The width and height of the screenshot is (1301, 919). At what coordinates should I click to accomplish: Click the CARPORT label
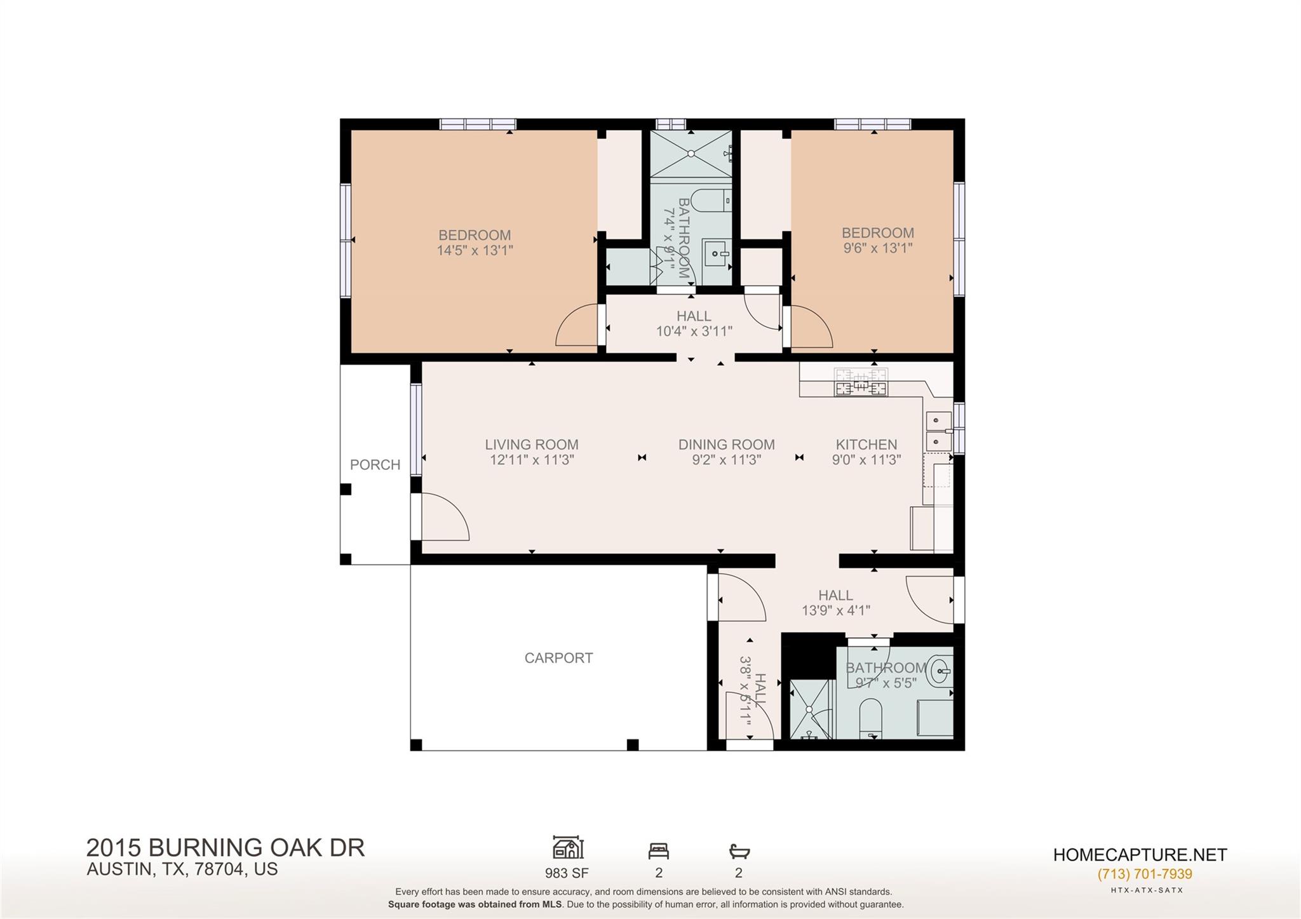558,658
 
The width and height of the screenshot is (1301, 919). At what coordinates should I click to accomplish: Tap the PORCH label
375,465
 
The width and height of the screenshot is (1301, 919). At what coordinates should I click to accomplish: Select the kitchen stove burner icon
861,383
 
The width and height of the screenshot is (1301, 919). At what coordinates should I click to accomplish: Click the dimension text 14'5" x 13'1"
475,250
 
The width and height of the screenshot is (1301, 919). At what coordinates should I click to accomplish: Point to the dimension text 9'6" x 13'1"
877,248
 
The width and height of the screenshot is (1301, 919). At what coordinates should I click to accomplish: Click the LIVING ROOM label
532,445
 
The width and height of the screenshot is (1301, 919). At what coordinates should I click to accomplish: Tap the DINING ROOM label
726,445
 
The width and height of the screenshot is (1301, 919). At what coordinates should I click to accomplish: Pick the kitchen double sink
938,431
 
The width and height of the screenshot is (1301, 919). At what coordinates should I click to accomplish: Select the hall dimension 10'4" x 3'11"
694,331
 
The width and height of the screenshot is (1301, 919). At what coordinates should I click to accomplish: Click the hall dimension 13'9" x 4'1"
835,610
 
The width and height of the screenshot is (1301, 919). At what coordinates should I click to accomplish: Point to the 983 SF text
567,873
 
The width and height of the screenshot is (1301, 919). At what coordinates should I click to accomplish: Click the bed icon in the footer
658,850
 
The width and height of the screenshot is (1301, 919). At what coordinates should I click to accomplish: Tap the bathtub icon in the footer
739,850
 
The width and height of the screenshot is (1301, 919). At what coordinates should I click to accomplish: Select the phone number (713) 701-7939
1145,874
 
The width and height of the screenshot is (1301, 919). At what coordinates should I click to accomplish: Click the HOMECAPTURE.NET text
1140,855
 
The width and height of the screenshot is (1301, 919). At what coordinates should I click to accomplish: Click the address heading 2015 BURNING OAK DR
226,848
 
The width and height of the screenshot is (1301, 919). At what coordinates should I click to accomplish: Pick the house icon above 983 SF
567,848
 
